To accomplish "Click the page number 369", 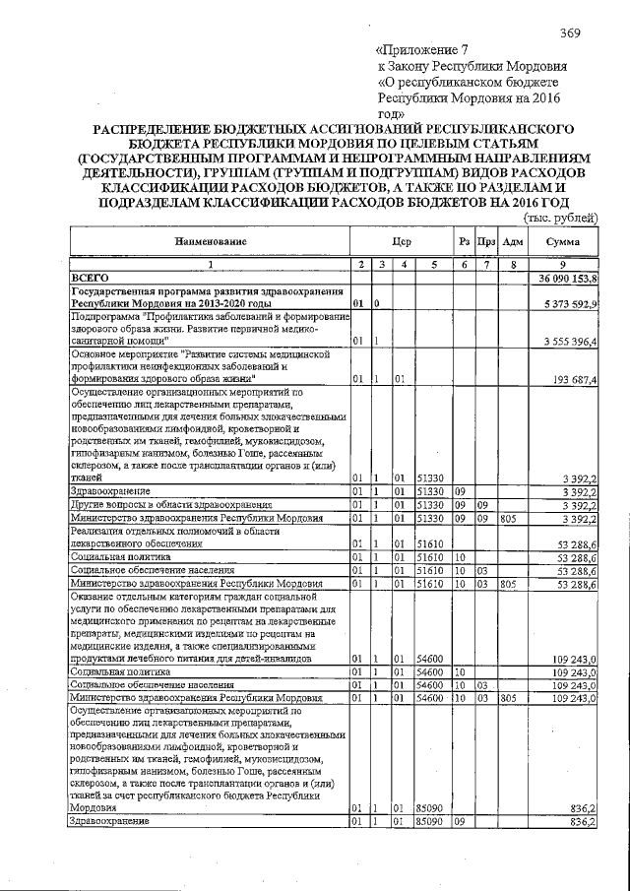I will (x=571, y=33).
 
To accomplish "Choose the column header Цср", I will (x=400, y=241).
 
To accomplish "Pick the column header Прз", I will (x=485, y=241).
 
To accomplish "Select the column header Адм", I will (x=512, y=241).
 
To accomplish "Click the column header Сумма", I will (x=564, y=241).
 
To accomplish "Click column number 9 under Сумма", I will (x=564, y=265).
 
